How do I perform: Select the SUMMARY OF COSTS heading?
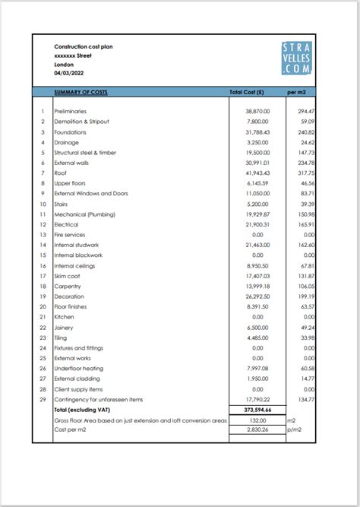pos(81,92)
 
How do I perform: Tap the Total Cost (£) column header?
pos(246,92)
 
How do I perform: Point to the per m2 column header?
pos(296,92)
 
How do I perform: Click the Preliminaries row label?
pos(71,111)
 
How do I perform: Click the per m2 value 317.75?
pos(305,173)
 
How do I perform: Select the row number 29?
pos(43,399)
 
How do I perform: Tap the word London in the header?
pos(64,65)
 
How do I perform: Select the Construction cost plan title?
pos(81,46)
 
